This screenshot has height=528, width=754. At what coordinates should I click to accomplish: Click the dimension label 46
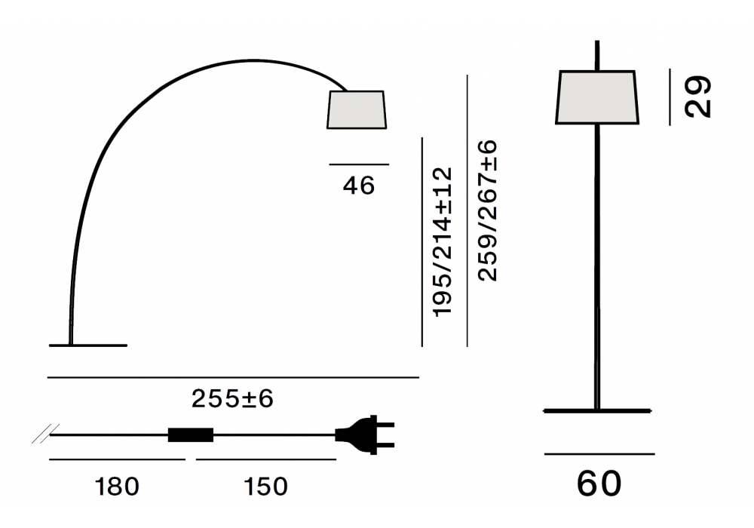(359, 186)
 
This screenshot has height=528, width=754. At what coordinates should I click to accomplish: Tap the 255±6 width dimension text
(232, 399)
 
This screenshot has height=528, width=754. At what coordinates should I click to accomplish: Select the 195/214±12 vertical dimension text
(443, 242)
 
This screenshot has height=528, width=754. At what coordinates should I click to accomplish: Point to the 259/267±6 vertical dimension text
(488, 210)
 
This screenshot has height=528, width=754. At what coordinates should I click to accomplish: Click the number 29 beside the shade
(697, 97)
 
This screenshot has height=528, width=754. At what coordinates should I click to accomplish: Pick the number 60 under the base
(599, 483)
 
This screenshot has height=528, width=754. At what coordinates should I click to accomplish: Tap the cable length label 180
(117, 487)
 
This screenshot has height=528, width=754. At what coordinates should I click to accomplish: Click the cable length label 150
(266, 487)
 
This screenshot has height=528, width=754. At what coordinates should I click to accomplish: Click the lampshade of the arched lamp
(357, 109)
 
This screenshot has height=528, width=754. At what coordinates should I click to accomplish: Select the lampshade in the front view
(597, 97)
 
